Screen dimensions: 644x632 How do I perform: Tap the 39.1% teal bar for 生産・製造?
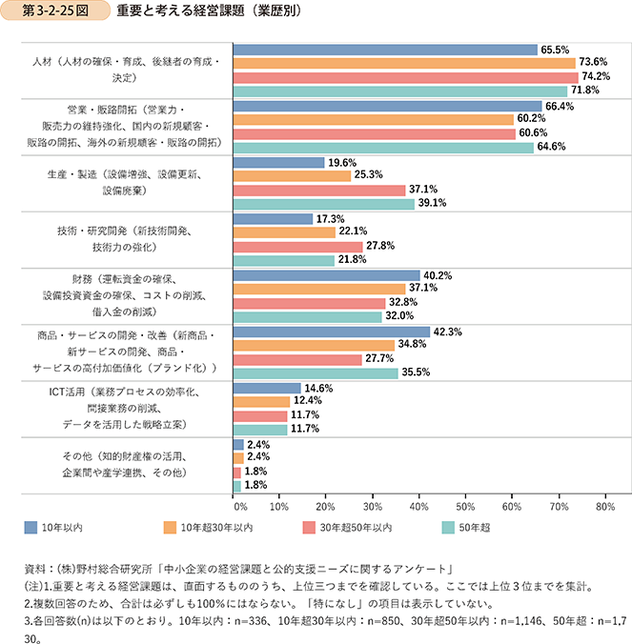coord(324,204)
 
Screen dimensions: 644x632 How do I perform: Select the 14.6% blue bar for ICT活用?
coord(268,388)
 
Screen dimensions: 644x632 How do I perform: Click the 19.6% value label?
coord(342,162)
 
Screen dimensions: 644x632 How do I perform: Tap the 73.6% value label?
coord(594,63)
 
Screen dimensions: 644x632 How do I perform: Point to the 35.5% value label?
coord(417,373)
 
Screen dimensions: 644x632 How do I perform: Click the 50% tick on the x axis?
coord(466,508)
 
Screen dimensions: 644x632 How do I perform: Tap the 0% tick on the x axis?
coord(238,508)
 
